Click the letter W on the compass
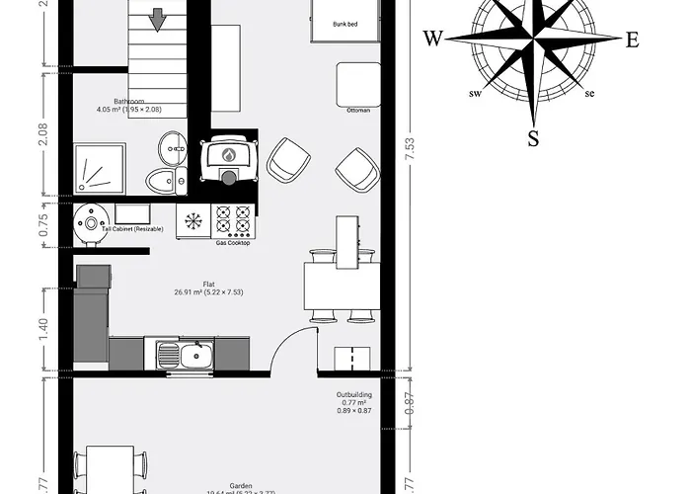(432, 40)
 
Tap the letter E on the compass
(633, 41)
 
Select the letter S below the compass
(533, 137)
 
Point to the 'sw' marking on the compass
(474, 95)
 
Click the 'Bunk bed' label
(345, 24)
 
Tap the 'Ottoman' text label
(358, 111)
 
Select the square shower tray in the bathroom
(99, 168)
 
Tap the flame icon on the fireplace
(228, 155)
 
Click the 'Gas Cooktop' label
(232, 243)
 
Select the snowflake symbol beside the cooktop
(193, 219)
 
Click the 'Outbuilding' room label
(353, 394)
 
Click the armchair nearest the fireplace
(288, 160)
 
